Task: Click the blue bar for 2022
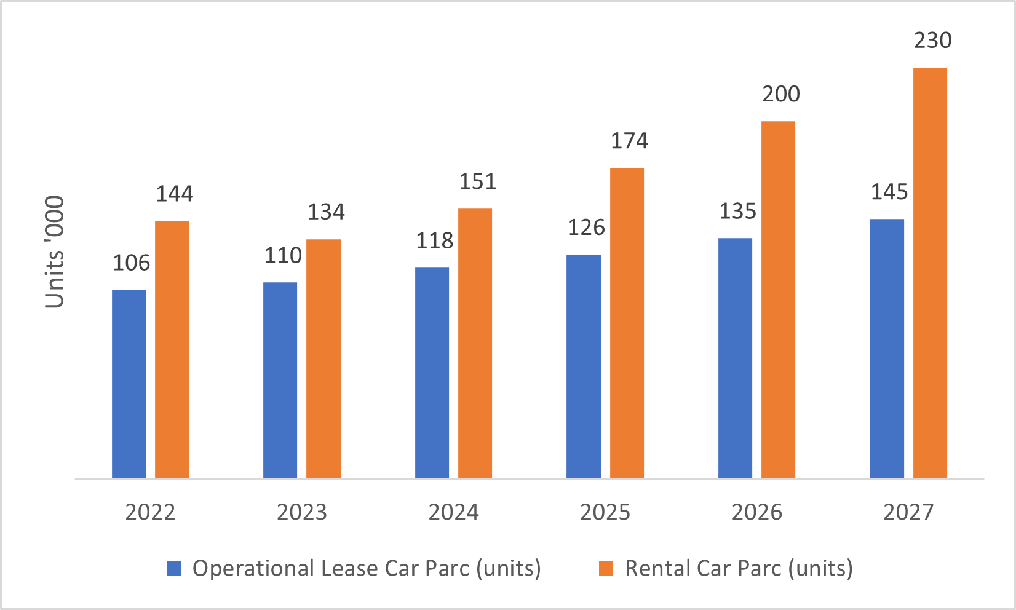129,384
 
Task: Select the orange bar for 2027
930,273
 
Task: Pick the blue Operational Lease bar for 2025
583,366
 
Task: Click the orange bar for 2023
323,358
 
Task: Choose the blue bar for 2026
735,358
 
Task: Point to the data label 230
932,41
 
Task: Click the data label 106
131,263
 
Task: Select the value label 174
629,141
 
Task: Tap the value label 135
737,212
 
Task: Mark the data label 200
781,95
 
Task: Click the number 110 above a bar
283,256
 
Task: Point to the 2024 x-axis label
453,512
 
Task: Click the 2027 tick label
908,512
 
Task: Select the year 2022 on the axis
150,512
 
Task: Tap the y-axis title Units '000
55,252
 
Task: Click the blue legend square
174,568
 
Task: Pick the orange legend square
606,568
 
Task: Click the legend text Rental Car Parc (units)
739,568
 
